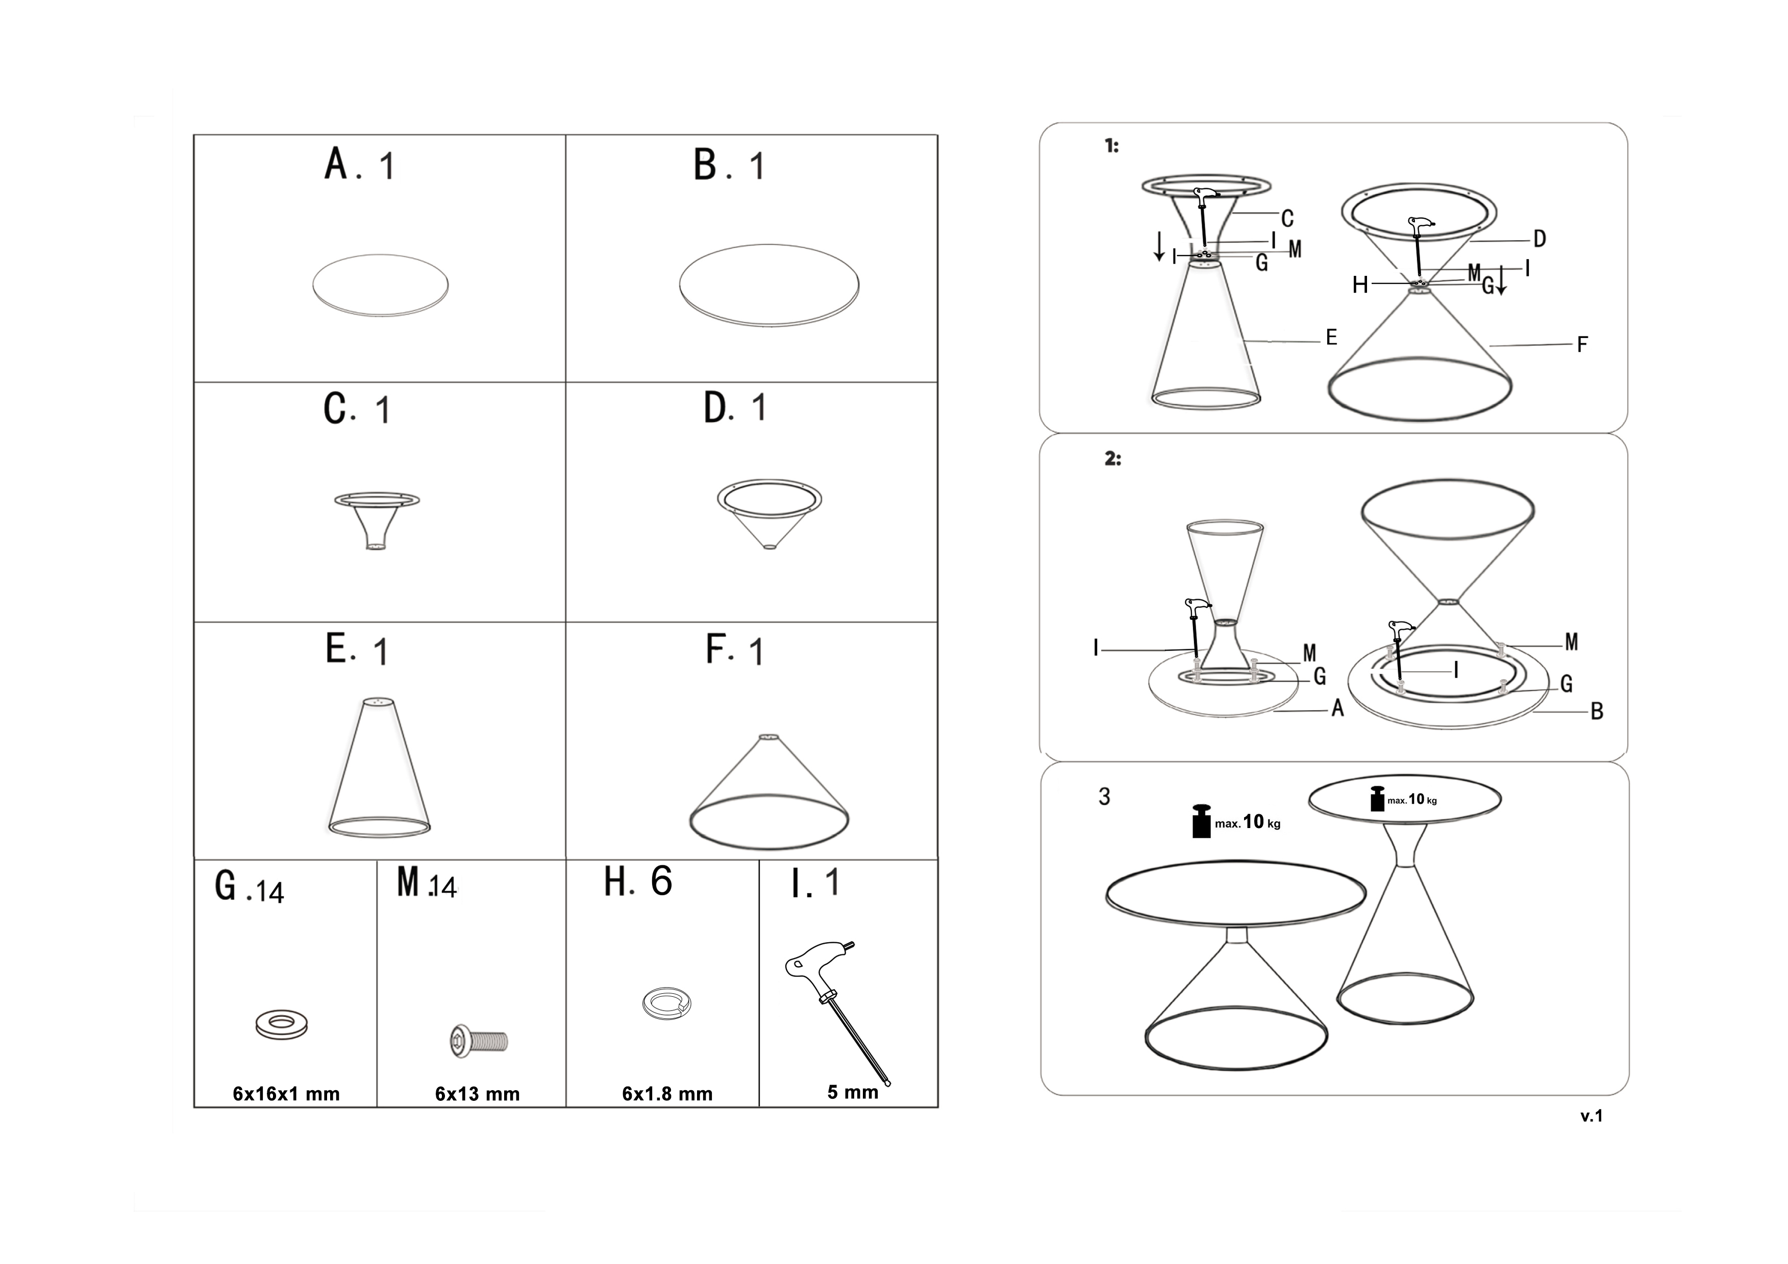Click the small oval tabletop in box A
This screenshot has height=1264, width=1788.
(380, 285)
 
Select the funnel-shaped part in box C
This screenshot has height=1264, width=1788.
(377, 521)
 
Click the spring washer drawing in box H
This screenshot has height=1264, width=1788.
(666, 1003)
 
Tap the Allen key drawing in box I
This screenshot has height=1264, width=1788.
(838, 1011)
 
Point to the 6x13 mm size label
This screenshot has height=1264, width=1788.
(478, 1094)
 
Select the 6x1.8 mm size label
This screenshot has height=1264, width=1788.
(667, 1094)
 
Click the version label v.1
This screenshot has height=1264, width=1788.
(1592, 1116)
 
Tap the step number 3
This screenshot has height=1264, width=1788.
(1104, 796)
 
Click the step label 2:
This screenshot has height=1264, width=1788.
(1113, 459)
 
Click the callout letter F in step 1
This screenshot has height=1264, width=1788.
(1582, 344)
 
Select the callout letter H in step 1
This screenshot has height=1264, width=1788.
(1360, 285)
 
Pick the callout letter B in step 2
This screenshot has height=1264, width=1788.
(1597, 711)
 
